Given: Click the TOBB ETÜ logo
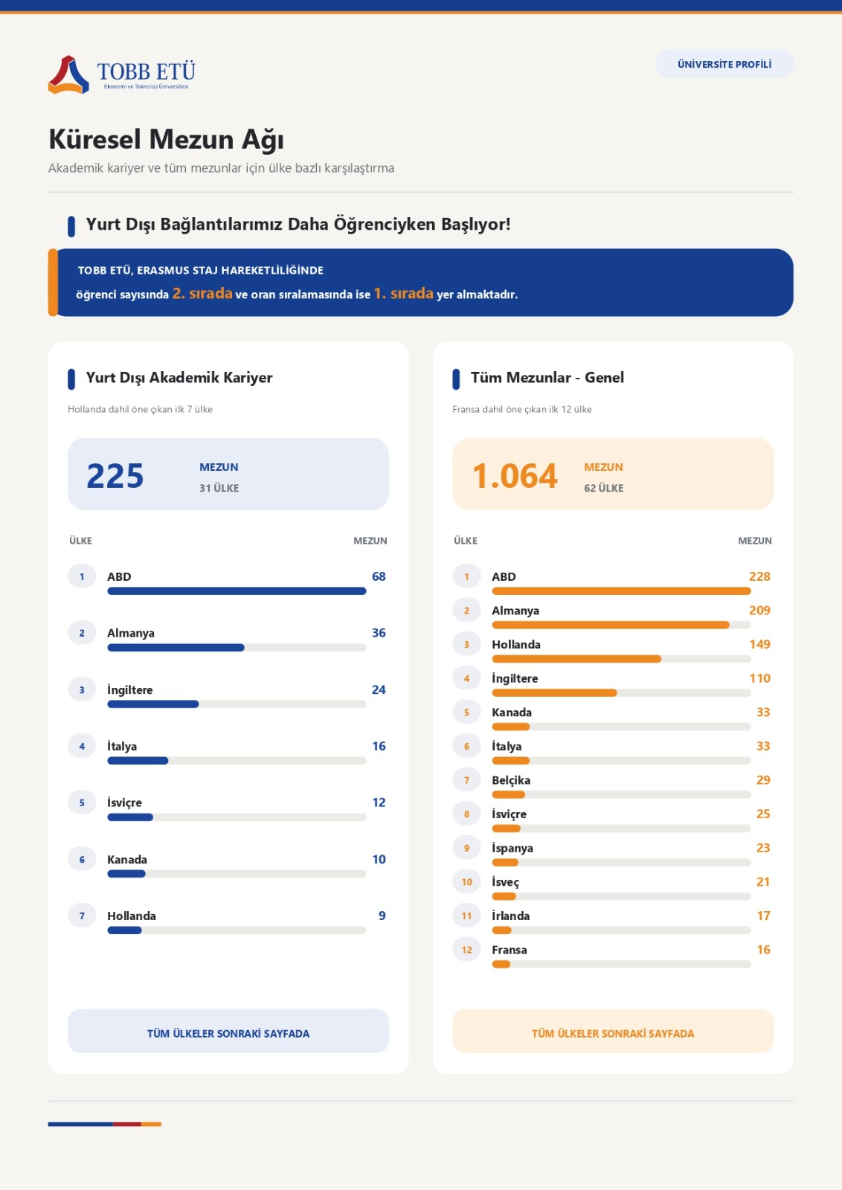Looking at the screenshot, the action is tap(122, 74).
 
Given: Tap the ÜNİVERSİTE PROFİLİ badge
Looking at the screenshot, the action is tap(724, 64).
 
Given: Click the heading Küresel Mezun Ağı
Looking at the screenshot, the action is tap(167, 139).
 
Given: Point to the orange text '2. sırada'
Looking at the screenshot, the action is tap(202, 293).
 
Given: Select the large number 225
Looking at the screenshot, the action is tap(115, 475).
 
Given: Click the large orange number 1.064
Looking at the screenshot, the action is tap(515, 475).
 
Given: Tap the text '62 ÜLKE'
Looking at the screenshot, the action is tap(603, 488).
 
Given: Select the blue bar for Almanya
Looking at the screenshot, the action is tap(176, 648).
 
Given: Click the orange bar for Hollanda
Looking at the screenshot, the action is tap(576, 659).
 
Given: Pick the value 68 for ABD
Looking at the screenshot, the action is tap(379, 576).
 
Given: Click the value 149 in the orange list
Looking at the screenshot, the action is tap(759, 644).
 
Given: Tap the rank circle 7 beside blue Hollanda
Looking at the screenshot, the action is tap(82, 916).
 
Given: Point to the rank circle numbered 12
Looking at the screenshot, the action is tap(466, 949).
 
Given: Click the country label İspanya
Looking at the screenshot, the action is tap(512, 848).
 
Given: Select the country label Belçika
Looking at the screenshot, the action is tap(510, 780).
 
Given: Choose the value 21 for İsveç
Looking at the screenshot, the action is tap(763, 882).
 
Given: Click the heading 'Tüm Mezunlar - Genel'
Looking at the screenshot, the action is tap(547, 377).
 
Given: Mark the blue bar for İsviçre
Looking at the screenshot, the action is tap(130, 817).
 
